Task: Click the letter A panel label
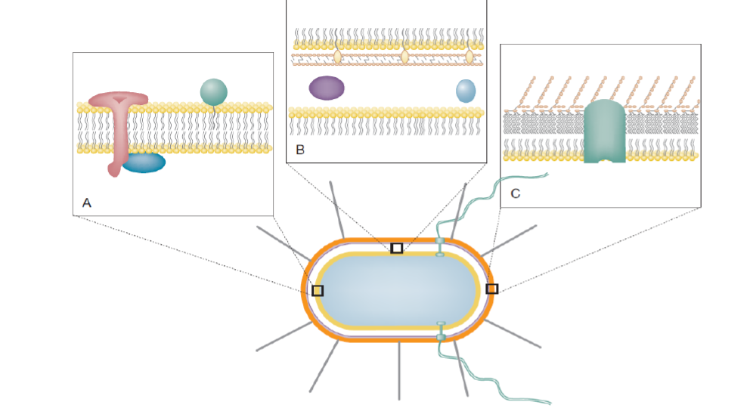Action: click(x=87, y=202)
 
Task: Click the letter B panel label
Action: click(x=300, y=150)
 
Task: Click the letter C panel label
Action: click(x=516, y=193)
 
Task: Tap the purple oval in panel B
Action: click(x=327, y=88)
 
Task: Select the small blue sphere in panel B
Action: click(x=466, y=91)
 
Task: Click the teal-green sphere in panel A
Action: click(x=214, y=92)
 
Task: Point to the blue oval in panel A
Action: click(x=144, y=162)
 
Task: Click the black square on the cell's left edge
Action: click(x=318, y=290)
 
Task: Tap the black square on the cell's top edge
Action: click(x=396, y=248)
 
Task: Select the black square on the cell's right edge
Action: click(x=491, y=289)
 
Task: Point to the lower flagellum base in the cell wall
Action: click(x=441, y=331)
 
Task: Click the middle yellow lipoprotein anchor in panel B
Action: click(x=404, y=55)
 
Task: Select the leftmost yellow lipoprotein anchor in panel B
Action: click(x=337, y=55)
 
